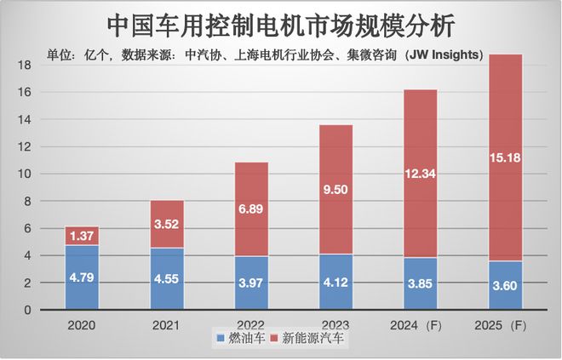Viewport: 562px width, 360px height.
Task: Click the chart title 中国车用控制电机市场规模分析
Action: click(x=281, y=24)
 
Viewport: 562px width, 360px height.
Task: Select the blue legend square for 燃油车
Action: click(x=221, y=340)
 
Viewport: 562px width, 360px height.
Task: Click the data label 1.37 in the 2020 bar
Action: click(x=82, y=236)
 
